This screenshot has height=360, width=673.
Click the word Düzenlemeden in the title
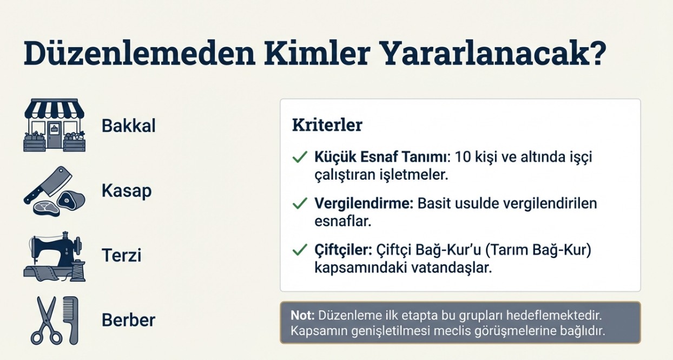(140, 53)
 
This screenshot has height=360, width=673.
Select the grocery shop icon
(55, 125)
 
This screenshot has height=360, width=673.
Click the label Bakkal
(129, 126)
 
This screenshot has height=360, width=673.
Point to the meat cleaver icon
(48, 185)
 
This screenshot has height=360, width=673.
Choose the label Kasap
(127, 191)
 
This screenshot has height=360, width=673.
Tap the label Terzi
(121, 256)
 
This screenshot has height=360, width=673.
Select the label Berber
(129, 320)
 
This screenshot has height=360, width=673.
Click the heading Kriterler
(327, 125)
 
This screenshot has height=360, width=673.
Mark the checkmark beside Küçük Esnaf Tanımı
(300, 156)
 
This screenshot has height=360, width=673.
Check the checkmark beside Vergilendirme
(300, 204)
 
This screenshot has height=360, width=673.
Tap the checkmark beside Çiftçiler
(300, 250)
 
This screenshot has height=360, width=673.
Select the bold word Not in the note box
(302, 316)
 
